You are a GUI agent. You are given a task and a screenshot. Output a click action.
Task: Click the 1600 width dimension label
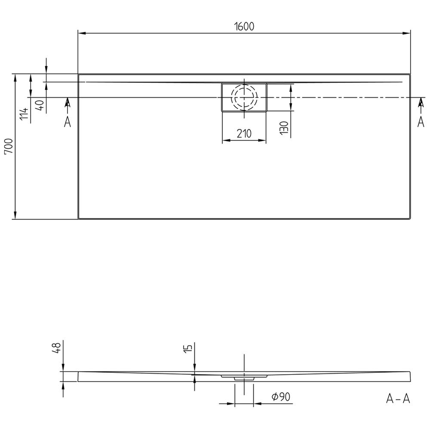pos(244,26)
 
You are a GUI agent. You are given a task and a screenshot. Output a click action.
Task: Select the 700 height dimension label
pos(9,147)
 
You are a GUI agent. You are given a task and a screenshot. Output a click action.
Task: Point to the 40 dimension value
pos(40,105)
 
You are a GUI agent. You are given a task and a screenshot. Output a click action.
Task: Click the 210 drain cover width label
pos(244,134)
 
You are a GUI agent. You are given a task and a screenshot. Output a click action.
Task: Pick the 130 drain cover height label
pos(285,128)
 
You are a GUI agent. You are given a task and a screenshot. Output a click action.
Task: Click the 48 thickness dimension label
pos(57,348)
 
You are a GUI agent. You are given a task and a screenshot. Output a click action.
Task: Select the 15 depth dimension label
pos(188,348)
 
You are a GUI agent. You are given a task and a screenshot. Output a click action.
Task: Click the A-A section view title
pos(398,399)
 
